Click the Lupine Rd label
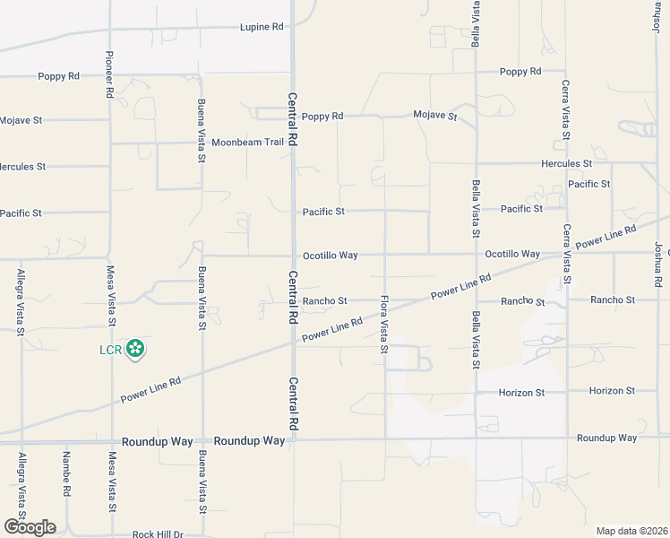(262, 28)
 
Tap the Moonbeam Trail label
(247, 143)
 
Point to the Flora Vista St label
(384, 324)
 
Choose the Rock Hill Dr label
(158, 534)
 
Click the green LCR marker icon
(135, 349)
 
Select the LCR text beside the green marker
(110, 349)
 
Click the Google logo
(30, 527)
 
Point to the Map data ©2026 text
(632, 531)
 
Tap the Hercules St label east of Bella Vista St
(566, 164)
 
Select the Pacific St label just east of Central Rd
(323, 212)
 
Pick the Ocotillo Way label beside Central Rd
(330, 256)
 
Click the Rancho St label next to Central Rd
(324, 300)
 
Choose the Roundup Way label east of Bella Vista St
(606, 438)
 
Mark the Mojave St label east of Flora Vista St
(434, 116)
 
